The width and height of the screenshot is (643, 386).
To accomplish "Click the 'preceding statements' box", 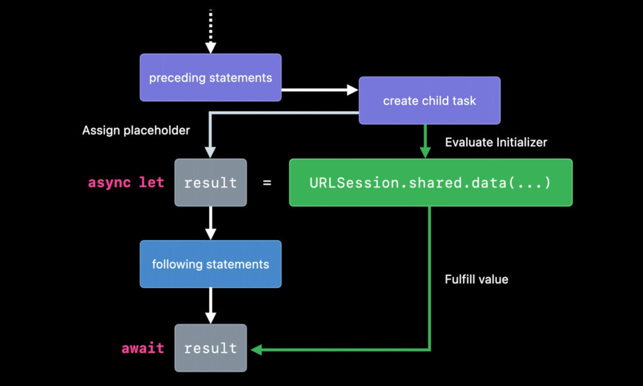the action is pyautogui.click(x=210, y=78).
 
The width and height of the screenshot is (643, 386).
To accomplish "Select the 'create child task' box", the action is pyautogui.click(x=430, y=100).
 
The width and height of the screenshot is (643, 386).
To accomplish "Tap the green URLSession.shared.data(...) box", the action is pyautogui.click(x=431, y=183).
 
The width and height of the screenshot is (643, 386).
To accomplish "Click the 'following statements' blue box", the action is pyautogui.click(x=210, y=264).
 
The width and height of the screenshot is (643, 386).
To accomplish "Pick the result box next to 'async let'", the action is pyautogui.click(x=210, y=183).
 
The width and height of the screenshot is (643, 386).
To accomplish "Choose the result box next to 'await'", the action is pyautogui.click(x=210, y=348).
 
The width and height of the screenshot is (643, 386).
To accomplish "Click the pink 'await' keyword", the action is pyautogui.click(x=143, y=348).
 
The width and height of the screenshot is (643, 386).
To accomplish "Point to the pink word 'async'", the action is pyautogui.click(x=109, y=183).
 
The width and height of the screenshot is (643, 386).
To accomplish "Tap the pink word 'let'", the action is pyautogui.click(x=151, y=181).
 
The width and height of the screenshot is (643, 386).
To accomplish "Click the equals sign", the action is pyautogui.click(x=267, y=183).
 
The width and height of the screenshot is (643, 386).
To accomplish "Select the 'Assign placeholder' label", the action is pyautogui.click(x=136, y=131).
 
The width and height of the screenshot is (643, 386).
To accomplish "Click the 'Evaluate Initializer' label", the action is pyautogui.click(x=496, y=142).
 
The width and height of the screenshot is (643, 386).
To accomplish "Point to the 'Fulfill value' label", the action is pyautogui.click(x=476, y=279).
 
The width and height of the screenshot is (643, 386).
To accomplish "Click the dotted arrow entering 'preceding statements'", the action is pyautogui.click(x=210, y=31).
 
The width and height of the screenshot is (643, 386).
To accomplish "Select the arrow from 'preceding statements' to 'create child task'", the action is pyautogui.click(x=320, y=90).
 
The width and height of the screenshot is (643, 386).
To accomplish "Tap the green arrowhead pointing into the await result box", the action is pyautogui.click(x=256, y=350).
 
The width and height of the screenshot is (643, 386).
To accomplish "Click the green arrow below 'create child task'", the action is pyautogui.click(x=425, y=141).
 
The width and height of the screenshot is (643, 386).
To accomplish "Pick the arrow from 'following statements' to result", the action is pyautogui.click(x=210, y=306).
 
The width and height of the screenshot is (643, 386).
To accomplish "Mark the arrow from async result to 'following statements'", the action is pyautogui.click(x=210, y=223).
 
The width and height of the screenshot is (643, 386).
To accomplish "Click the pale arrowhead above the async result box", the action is pyautogui.click(x=210, y=152).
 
